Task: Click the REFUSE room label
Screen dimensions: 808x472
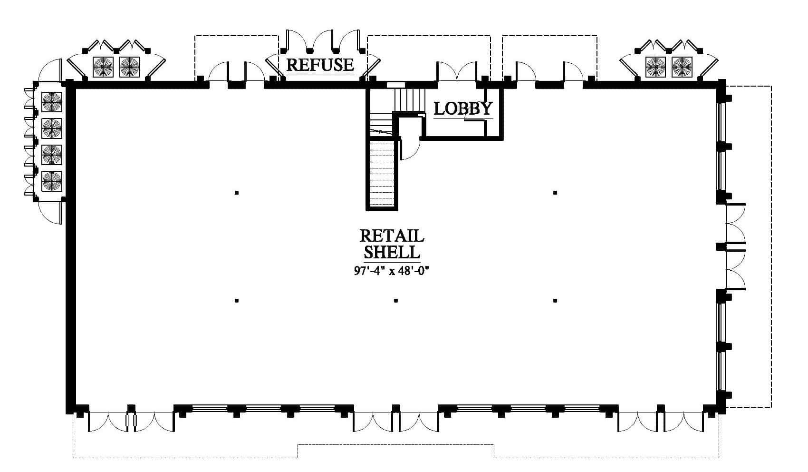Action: coord(320,65)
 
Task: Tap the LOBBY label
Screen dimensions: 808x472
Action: coord(463,108)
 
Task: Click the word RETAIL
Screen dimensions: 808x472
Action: coord(392,236)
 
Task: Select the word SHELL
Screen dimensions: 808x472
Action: coord(392,252)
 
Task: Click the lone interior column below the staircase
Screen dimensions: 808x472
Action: coord(396,300)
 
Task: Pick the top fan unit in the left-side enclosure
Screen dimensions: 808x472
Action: coord(52,102)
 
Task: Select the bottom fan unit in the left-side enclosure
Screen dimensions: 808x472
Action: coord(52,181)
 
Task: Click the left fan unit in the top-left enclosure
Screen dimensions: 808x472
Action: coord(103,67)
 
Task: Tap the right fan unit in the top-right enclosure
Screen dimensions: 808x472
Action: coord(682,67)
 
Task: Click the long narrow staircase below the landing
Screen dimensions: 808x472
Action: coord(382,173)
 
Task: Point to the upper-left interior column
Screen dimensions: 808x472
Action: coord(237,193)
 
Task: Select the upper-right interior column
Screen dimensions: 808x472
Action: coord(555,193)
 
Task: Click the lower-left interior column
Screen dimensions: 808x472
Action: coord(237,300)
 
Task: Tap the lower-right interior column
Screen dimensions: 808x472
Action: coord(555,300)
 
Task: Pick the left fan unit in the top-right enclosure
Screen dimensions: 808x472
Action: coord(655,67)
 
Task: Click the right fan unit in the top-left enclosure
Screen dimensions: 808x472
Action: coord(130,67)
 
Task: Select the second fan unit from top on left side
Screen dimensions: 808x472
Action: coord(52,128)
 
